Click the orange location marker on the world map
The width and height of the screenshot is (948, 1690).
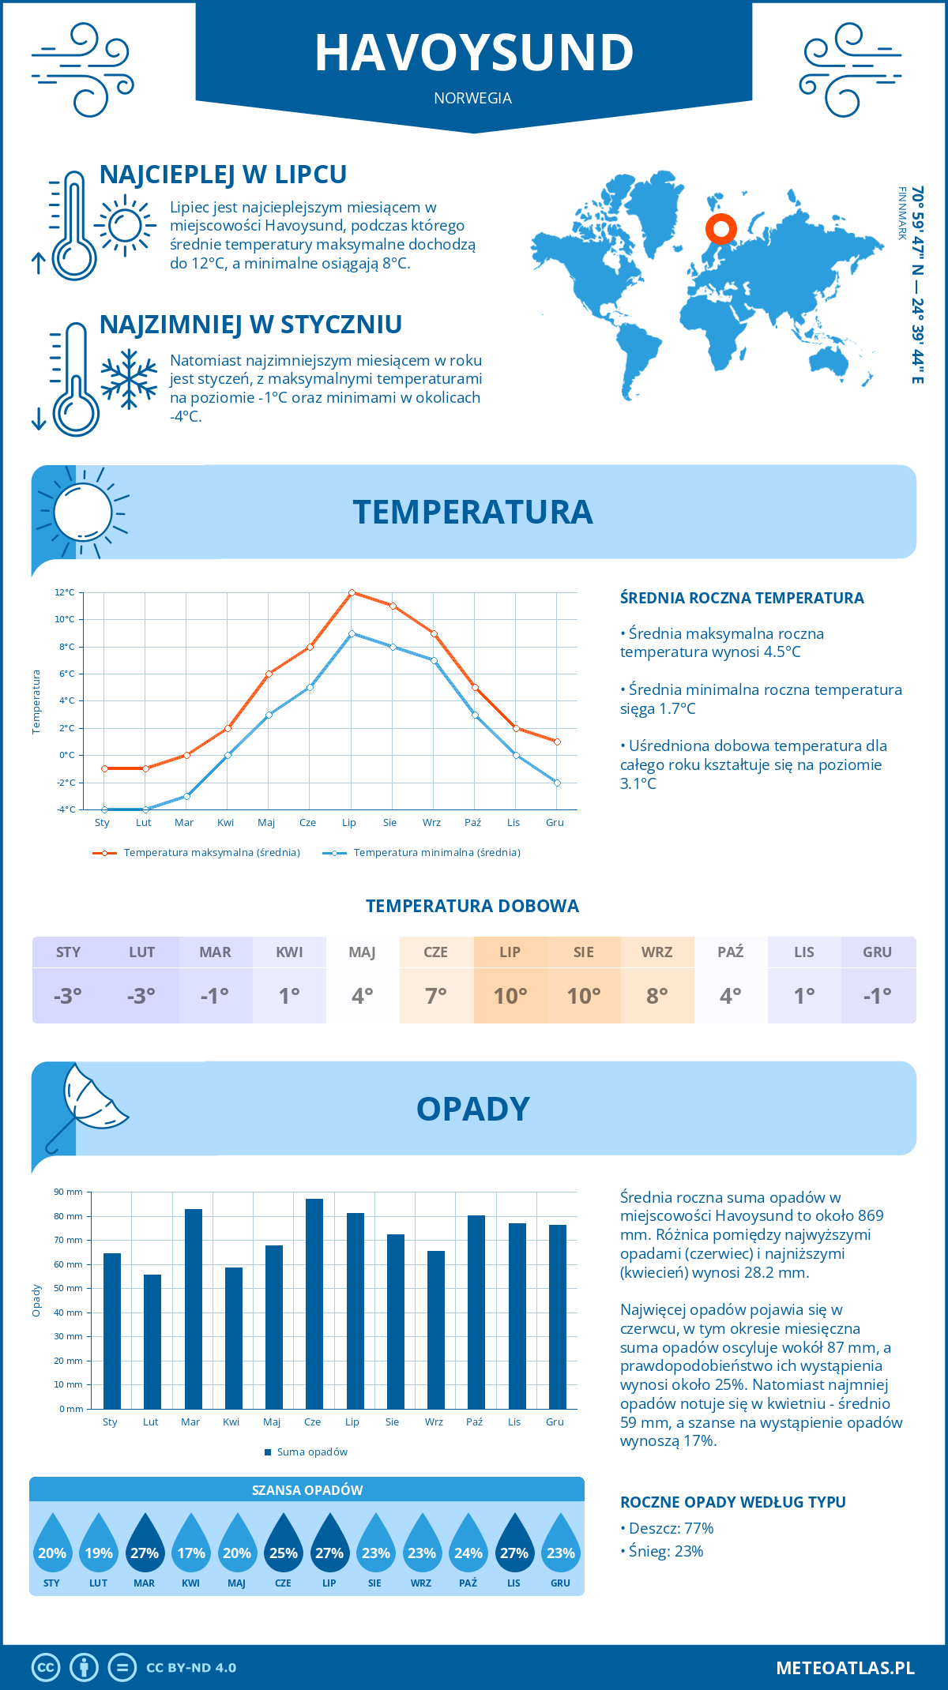[720, 229]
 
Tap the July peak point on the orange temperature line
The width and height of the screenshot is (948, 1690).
[352, 592]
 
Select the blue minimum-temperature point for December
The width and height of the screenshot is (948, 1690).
[557, 783]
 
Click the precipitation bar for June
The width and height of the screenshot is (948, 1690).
[314, 1303]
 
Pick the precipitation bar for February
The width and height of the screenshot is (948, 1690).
[152, 1341]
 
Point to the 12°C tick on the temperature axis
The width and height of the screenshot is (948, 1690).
[66, 592]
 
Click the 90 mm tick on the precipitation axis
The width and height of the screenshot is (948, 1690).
[69, 1192]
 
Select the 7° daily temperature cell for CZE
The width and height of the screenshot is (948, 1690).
[436, 996]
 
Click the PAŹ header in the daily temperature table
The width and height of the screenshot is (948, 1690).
[730, 952]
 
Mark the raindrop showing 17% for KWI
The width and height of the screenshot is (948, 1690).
[191, 1543]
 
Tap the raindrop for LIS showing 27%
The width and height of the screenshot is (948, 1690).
[514, 1543]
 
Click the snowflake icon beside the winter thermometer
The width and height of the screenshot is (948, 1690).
[129, 379]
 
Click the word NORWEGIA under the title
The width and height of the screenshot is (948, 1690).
[472, 98]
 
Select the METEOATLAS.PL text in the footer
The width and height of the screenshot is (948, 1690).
[845, 1667]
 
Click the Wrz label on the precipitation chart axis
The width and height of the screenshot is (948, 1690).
[434, 1421]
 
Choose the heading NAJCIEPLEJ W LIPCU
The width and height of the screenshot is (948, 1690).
[223, 175]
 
